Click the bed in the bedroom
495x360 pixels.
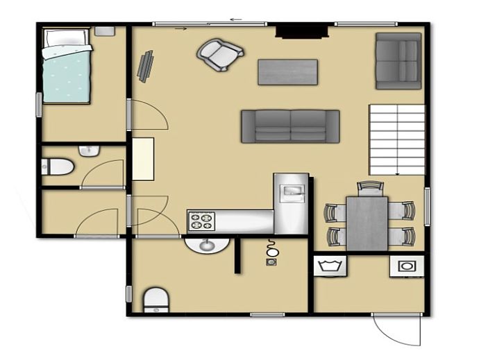(66, 66)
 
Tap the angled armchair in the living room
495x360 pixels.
(220, 53)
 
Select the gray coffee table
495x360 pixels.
(287, 72)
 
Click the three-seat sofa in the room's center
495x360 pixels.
(290, 126)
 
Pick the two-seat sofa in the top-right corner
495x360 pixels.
(398, 60)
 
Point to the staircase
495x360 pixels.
(396, 139)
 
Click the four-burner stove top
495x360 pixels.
(202, 221)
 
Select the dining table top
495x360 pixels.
(367, 223)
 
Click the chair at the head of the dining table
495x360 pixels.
(369, 187)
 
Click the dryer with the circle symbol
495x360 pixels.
(405, 266)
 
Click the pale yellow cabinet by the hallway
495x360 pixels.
(143, 159)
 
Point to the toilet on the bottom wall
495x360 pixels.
(156, 299)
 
